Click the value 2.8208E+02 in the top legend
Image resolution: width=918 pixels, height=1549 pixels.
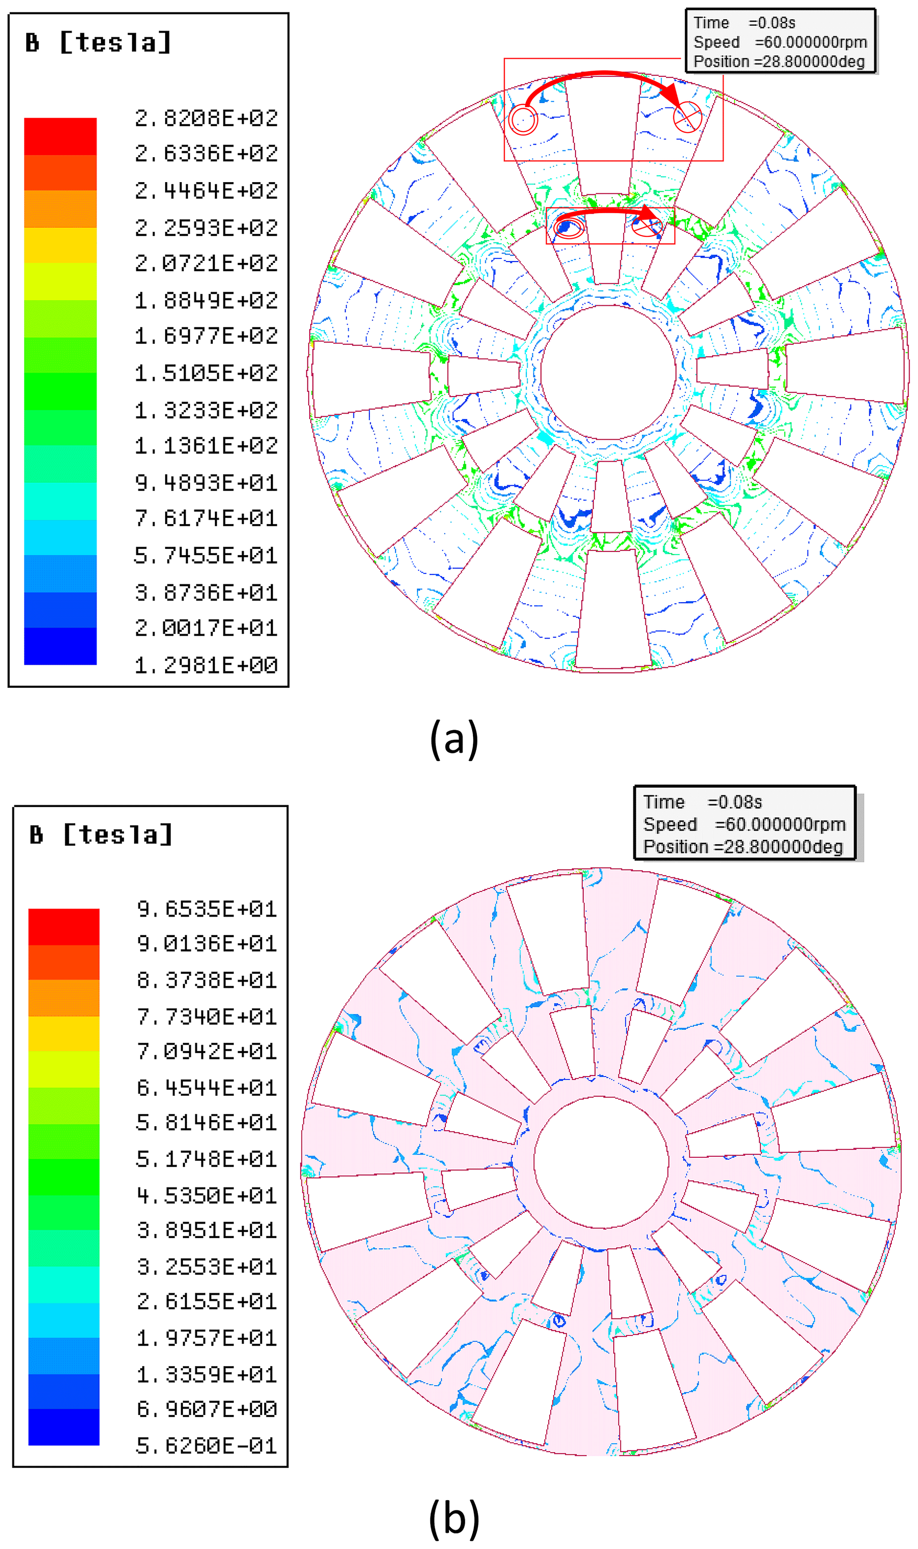click(x=206, y=118)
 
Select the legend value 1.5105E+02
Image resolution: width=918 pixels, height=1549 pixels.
click(x=206, y=373)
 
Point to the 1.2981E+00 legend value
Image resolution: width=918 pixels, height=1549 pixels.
click(x=206, y=665)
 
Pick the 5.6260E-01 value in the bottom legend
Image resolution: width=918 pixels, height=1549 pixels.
click(x=207, y=1445)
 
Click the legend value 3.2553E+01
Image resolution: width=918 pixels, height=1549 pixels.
click(x=207, y=1267)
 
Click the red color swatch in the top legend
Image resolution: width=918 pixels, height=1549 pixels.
click(x=60, y=136)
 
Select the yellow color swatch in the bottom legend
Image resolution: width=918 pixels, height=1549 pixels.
click(x=64, y=1034)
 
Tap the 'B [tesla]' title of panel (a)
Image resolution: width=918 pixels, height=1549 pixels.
click(x=98, y=43)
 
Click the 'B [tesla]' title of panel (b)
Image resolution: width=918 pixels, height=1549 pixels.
click(x=101, y=835)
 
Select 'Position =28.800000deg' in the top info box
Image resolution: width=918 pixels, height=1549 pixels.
click(x=779, y=62)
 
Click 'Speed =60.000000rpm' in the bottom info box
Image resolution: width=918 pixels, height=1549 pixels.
click(x=744, y=824)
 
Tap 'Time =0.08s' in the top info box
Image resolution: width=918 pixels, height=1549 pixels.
click(x=744, y=23)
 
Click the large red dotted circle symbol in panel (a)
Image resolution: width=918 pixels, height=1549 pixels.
click(x=523, y=119)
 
